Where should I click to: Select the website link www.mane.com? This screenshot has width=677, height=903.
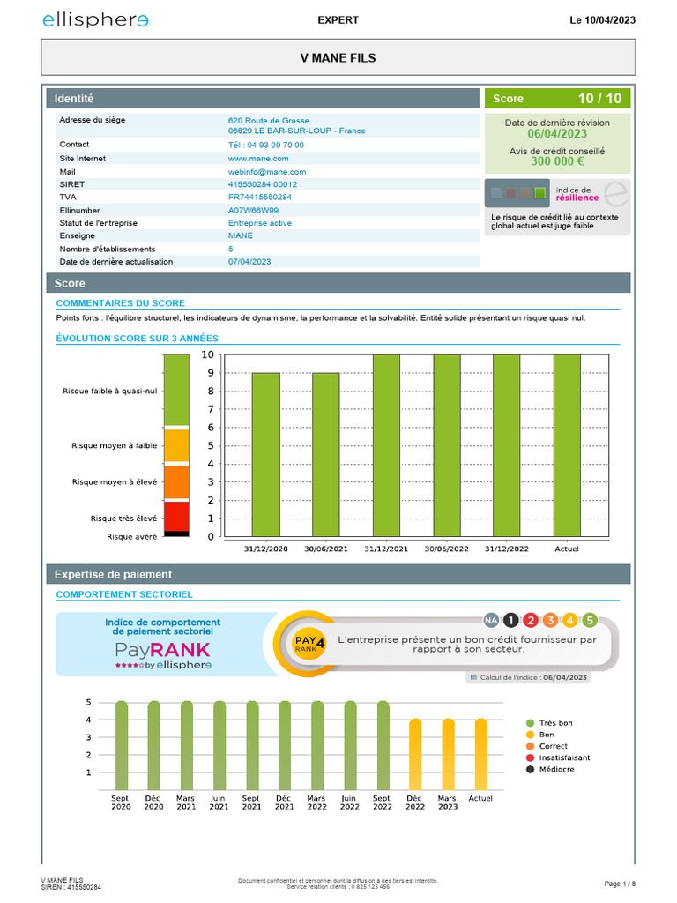pos(253,158)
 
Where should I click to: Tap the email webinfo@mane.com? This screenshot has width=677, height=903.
pos(267,172)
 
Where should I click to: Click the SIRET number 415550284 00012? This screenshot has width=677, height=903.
pos(263,184)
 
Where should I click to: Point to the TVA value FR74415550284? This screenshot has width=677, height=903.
pos(260,197)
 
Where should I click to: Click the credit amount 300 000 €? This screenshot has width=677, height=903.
pos(557,161)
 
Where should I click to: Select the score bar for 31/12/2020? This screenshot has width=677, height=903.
pos(266,454)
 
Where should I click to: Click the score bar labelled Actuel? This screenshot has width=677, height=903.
pos(567,445)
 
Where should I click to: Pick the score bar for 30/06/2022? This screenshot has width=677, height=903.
pos(447,445)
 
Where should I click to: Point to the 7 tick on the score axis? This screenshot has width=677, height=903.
pos(208,409)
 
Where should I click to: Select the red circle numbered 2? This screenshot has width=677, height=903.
pos(530,620)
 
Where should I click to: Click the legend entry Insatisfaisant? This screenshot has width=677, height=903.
pos(564,757)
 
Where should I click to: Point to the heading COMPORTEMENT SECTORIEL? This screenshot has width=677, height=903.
pos(124,594)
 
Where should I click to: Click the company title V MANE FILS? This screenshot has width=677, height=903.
pos(338,58)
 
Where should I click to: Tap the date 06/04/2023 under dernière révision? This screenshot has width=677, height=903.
pos(557,134)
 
